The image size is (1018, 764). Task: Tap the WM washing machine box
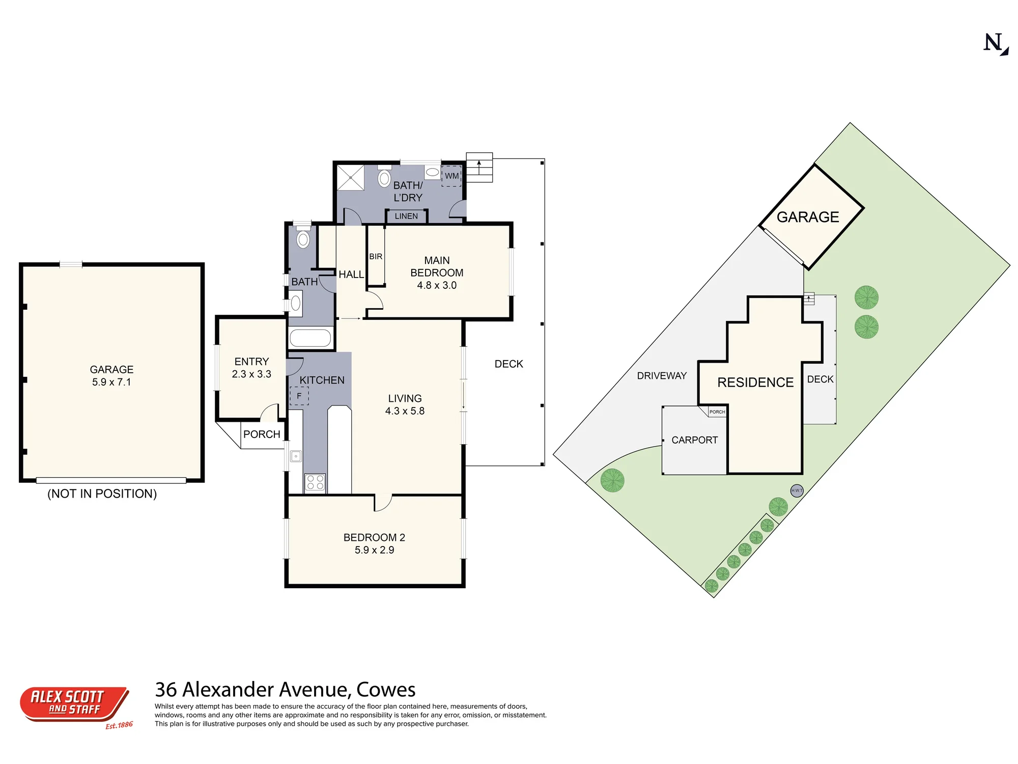coord(451,176)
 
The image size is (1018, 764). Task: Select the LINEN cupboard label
coord(406,216)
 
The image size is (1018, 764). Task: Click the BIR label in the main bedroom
coord(376,256)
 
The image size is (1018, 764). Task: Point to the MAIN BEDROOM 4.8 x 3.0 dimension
coord(437,285)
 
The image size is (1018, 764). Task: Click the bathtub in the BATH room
coord(310,338)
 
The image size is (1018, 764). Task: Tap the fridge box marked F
coord(299,396)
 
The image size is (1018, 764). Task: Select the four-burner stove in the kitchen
coord(315,482)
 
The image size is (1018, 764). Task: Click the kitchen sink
coord(296,456)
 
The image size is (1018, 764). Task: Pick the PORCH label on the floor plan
coord(262,434)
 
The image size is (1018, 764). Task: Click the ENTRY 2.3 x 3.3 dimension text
coord(251,374)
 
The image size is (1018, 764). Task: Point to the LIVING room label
coord(405,398)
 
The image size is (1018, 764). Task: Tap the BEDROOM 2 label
coord(374,537)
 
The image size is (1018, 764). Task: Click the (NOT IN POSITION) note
coord(102,494)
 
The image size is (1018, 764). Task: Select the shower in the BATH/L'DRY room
coord(351,177)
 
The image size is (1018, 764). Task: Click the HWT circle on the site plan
coord(797,490)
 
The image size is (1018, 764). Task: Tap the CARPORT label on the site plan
coord(694,440)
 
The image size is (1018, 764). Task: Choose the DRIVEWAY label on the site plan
coord(662,376)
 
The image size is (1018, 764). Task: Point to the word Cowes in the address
coord(386,690)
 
